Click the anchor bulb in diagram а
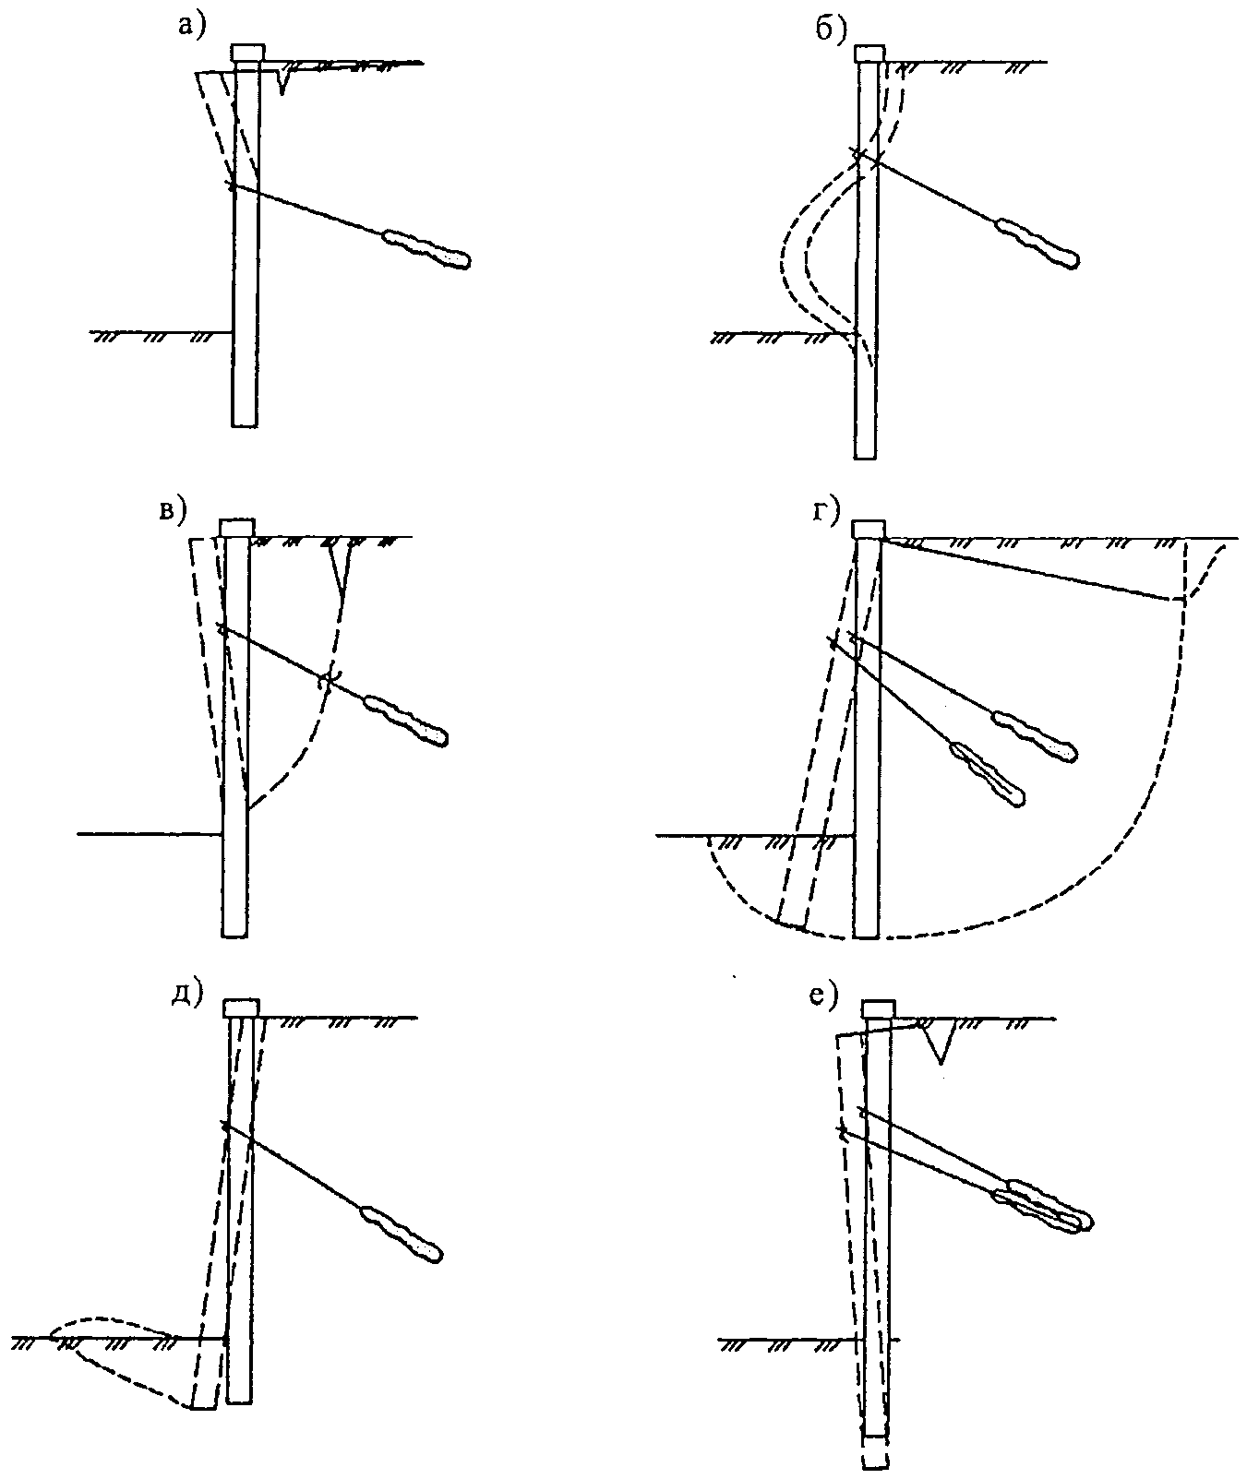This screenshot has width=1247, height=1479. (427, 248)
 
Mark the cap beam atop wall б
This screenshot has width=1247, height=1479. (869, 54)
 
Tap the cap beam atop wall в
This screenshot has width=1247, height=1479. (236, 528)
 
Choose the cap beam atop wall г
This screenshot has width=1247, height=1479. (868, 529)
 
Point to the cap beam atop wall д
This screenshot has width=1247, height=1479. (242, 1008)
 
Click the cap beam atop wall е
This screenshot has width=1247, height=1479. (879, 1009)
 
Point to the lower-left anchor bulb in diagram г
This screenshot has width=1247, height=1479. (989, 773)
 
